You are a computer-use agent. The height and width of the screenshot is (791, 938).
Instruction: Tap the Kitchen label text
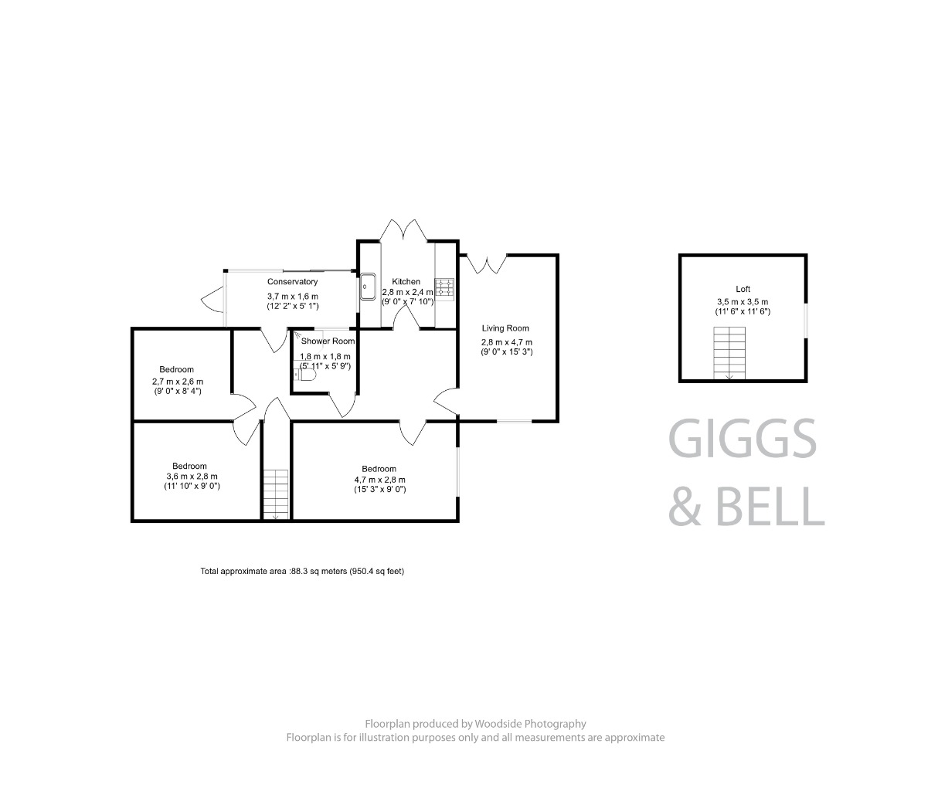406,282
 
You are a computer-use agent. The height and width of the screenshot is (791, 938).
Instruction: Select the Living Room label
505,328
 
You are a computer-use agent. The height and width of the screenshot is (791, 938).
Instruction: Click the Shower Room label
328,341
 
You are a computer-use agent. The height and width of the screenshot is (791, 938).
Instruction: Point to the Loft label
743,289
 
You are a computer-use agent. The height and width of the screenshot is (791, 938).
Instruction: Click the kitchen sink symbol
367,287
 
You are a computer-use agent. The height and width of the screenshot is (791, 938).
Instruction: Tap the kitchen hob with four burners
445,287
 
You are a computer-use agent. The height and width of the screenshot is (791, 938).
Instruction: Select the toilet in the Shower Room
306,376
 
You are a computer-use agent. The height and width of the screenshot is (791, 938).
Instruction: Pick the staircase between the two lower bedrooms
275,494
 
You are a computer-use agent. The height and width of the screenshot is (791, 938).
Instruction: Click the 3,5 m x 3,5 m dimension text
743,302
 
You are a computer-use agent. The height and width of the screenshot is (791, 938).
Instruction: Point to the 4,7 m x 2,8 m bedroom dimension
379,480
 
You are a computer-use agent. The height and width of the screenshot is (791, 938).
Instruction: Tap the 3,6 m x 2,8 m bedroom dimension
189,477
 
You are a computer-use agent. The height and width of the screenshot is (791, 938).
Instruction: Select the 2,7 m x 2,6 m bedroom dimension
178,382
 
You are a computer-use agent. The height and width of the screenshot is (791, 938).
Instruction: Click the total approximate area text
302,572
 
